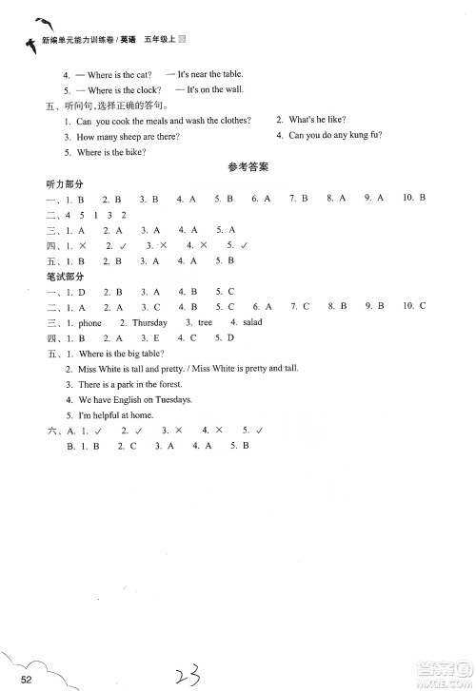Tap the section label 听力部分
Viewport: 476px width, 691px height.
[x=39, y=182]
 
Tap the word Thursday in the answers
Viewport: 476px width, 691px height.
[x=149, y=322]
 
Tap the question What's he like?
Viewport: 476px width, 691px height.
[x=316, y=120]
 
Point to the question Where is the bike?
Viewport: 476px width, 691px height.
[x=108, y=151]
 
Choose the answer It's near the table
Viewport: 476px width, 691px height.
[x=207, y=74]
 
